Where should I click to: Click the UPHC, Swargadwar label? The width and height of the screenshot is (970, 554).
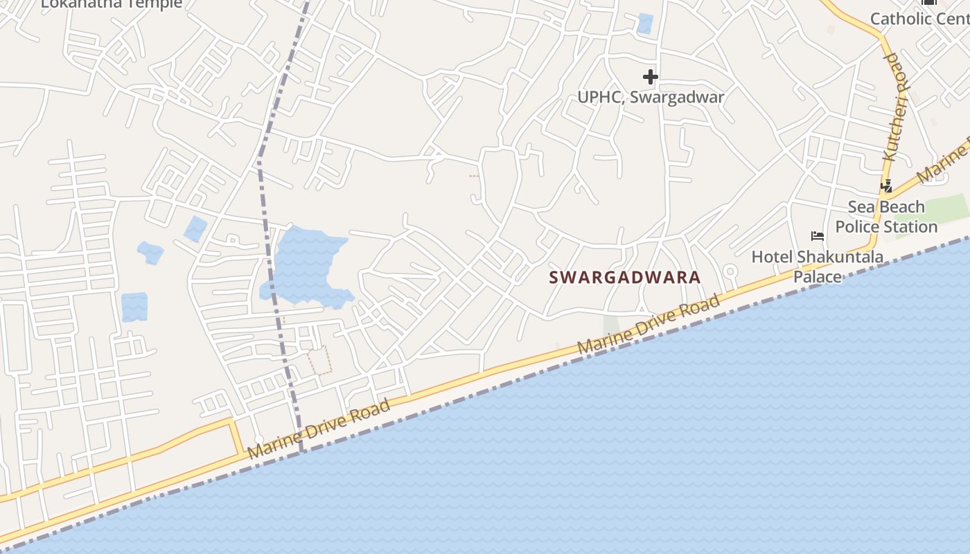(651, 97)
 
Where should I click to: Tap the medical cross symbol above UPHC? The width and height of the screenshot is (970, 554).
(650, 76)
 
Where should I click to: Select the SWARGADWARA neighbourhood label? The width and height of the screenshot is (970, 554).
(625, 278)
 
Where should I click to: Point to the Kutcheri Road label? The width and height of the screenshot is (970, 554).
(894, 107)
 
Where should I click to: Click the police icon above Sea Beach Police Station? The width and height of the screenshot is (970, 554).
(886, 186)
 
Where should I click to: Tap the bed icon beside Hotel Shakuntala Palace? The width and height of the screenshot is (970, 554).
(818, 236)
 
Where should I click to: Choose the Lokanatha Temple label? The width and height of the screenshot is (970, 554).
(112, 3)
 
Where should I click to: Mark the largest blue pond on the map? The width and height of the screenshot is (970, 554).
(305, 264)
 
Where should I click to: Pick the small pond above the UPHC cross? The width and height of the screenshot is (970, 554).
(645, 24)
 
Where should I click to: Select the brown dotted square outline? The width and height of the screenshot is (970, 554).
(320, 360)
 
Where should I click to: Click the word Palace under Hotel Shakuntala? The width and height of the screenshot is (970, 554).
(817, 277)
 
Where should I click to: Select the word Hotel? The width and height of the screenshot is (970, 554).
(772, 258)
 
